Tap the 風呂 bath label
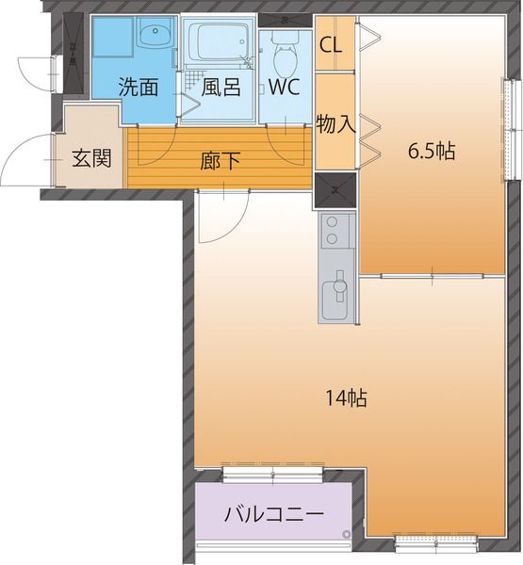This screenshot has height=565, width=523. (221, 88)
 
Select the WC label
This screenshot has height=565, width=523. (285, 88)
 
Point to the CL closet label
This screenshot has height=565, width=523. (331, 44)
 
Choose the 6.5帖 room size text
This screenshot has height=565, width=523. (432, 151)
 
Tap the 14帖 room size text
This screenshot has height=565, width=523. (346, 397)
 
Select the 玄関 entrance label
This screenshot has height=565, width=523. (91, 156)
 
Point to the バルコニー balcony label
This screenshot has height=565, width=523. (272, 515)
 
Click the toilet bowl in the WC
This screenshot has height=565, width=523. (283, 56)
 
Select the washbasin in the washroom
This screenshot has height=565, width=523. (151, 37)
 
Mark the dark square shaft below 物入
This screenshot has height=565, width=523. (335, 189)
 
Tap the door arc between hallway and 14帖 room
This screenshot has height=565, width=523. (221, 217)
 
